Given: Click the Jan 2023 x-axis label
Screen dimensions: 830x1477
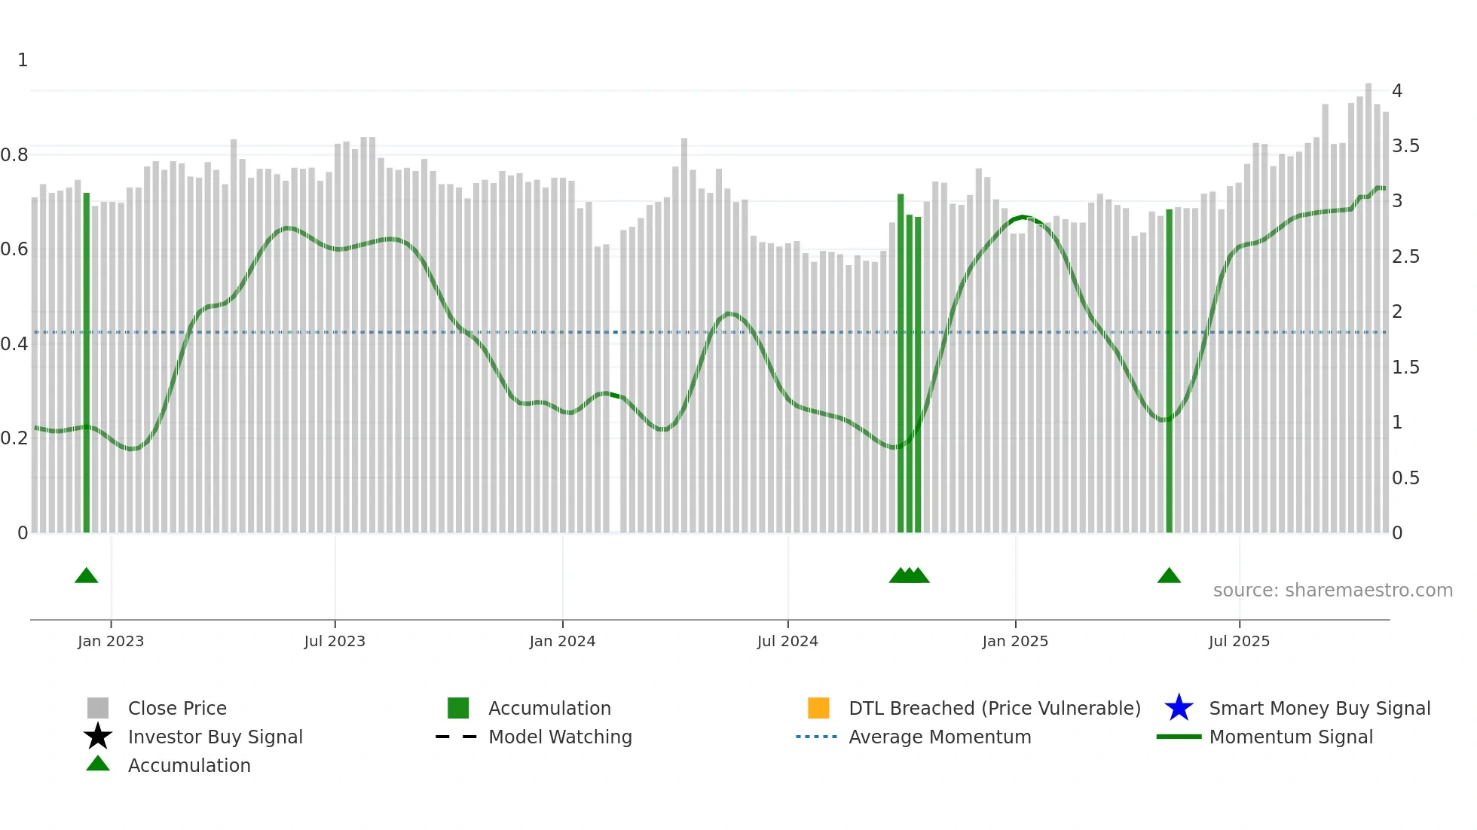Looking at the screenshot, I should [x=111, y=641].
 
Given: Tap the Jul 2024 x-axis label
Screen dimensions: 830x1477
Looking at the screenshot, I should [x=787, y=641].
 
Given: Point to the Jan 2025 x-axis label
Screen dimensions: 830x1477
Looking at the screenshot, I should [x=1015, y=641].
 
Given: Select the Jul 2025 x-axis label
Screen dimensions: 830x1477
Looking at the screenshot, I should [x=1239, y=641].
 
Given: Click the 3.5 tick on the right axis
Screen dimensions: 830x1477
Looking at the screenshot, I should [x=1405, y=146].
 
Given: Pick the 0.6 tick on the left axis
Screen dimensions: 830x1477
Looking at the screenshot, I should [x=14, y=249].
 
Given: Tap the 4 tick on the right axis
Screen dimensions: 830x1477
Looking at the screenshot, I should [x=1397, y=91].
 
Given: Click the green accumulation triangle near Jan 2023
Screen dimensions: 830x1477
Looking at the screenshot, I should [x=87, y=575].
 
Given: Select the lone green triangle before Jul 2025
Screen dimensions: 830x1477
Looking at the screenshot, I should [x=1169, y=575].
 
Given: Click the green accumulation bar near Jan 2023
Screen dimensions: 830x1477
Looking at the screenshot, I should [x=87, y=362].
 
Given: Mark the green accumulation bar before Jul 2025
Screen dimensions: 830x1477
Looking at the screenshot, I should [x=1169, y=369].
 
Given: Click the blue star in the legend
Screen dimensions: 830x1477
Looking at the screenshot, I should [x=1179, y=708].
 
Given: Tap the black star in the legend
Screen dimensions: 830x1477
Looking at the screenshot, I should [x=98, y=737].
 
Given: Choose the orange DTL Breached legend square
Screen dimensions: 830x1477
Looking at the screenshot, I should [x=818, y=708].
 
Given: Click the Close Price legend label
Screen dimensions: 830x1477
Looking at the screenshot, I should [x=177, y=708].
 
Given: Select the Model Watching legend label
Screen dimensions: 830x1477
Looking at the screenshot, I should [x=560, y=737].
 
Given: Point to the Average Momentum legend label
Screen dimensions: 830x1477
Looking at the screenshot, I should [x=940, y=737].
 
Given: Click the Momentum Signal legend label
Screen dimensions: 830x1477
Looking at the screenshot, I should [x=1291, y=737].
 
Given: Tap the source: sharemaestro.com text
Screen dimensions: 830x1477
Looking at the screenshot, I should [x=1332, y=590].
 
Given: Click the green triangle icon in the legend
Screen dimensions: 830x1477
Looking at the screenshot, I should [x=98, y=764].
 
